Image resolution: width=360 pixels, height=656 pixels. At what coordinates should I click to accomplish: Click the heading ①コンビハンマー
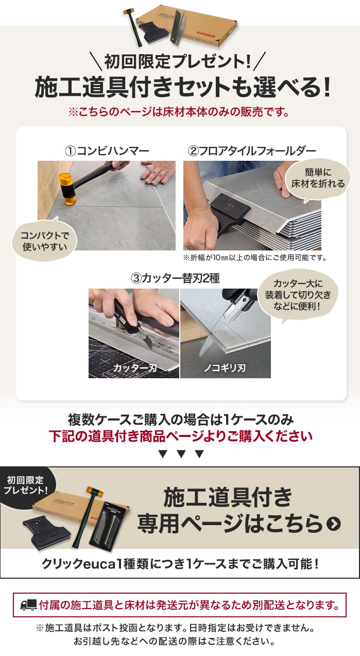click(107, 151)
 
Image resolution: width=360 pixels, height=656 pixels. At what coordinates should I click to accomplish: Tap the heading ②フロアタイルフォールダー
click(252, 151)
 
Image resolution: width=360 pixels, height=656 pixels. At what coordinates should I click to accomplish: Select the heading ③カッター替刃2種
click(175, 278)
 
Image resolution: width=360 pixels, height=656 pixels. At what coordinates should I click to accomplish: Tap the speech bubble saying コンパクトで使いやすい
click(44, 241)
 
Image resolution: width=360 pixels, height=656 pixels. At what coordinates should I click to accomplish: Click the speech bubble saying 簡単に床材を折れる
click(318, 178)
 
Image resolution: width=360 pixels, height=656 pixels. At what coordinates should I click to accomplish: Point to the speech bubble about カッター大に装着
click(298, 295)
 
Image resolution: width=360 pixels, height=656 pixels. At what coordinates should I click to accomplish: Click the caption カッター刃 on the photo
click(135, 368)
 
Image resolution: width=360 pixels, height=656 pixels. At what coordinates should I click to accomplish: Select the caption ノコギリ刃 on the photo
click(225, 368)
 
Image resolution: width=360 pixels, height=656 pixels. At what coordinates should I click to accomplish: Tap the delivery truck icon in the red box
click(29, 605)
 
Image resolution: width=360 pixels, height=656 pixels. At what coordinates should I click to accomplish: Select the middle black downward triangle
click(181, 454)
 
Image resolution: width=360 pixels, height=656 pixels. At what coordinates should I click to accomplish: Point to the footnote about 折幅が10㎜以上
click(254, 258)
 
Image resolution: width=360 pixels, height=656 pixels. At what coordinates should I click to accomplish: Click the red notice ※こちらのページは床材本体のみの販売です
click(179, 112)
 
